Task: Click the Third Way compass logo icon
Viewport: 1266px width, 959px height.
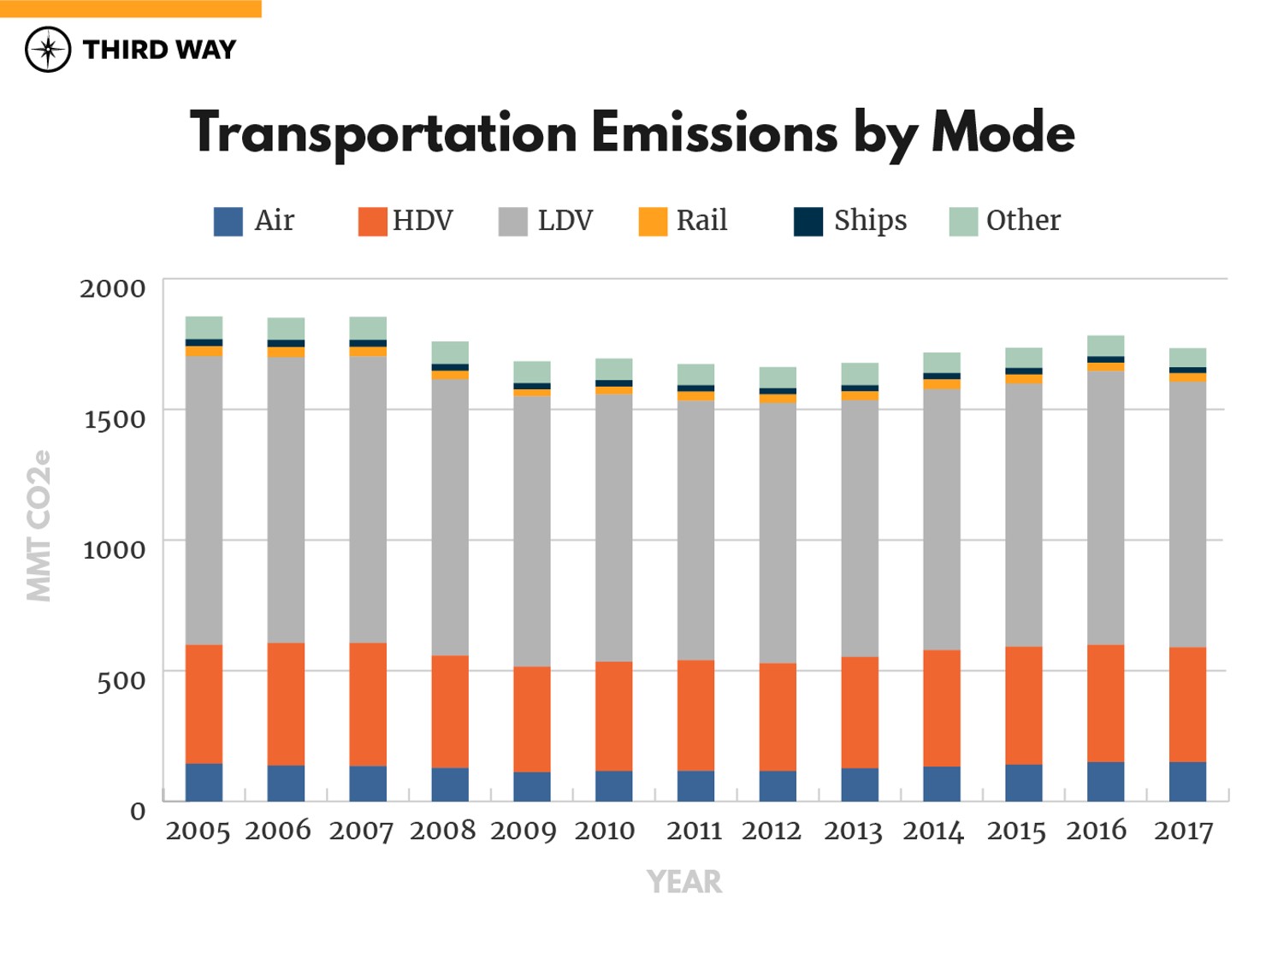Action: coord(48,50)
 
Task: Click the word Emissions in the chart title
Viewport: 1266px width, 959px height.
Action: coord(713,133)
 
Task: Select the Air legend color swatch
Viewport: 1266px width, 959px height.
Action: coord(228,222)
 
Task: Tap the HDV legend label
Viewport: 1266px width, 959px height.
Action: coord(423,221)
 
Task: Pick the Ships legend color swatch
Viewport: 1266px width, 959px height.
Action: coord(808,222)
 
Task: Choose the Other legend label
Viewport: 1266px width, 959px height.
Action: coord(1023,221)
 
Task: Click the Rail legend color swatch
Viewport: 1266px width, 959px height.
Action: coord(653,222)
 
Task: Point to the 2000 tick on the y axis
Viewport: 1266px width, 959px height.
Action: coord(113,288)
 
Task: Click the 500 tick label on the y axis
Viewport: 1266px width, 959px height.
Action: coord(121,681)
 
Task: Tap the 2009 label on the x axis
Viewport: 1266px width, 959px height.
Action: coord(523,831)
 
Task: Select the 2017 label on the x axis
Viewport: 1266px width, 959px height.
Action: coord(1183,831)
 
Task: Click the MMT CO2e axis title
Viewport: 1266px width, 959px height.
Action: coord(39,525)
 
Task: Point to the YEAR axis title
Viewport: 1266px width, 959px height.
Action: coord(683,882)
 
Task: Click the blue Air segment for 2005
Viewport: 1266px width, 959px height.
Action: coord(204,782)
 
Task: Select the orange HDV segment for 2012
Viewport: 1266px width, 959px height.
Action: coord(778,717)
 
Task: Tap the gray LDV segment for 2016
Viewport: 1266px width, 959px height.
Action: coord(1105,507)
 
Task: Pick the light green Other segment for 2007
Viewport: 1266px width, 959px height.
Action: coord(368,328)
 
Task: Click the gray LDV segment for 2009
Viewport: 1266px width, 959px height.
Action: coord(532,530)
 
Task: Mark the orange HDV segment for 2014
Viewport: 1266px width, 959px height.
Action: coord(942,707)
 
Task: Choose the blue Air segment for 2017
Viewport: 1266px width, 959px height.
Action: coord(1187,781)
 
